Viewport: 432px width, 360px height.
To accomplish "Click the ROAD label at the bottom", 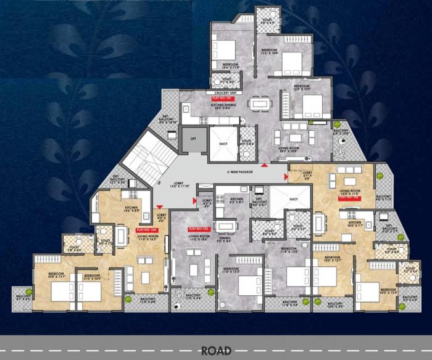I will [x=215, y=351].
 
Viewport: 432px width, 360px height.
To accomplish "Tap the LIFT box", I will [x=194, y=140].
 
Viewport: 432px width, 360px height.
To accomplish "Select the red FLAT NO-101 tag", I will [x=220, y=98].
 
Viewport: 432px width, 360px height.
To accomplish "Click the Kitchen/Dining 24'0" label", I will [x=225, y=105].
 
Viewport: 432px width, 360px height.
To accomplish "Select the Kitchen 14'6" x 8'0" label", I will [x=132, y=210].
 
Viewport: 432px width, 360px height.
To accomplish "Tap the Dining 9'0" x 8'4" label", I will [x=223, y=240].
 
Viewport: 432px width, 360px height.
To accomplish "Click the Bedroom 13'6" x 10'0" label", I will [x=271, y=52].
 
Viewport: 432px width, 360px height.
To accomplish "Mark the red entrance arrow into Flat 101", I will [x=264, y=165].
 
